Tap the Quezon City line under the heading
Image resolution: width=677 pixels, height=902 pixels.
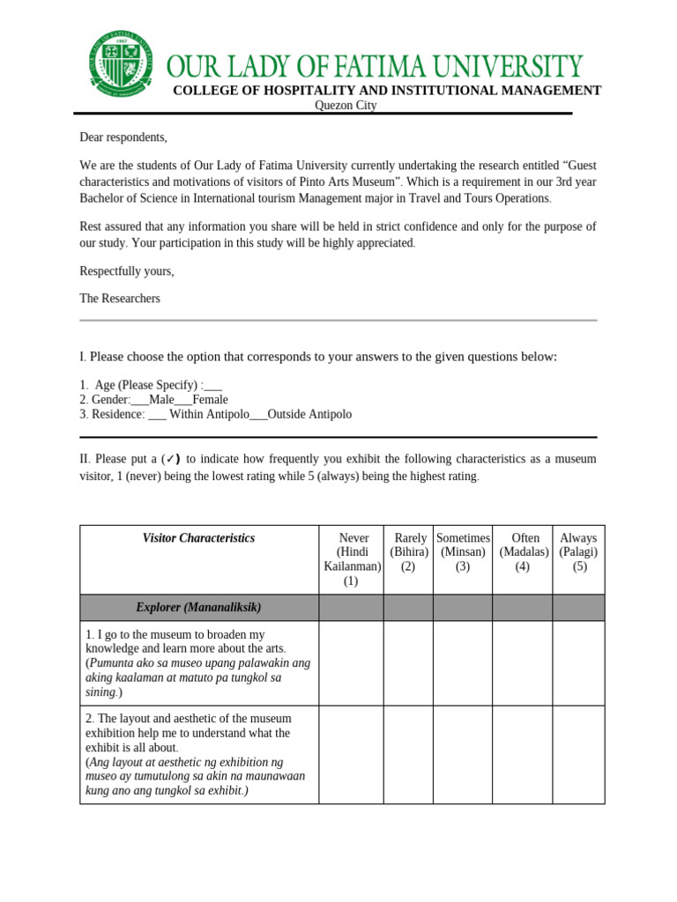pos(346,106)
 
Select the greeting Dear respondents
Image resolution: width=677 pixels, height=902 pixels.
pos(123,137)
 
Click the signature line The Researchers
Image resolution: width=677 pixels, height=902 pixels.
pos(120,299)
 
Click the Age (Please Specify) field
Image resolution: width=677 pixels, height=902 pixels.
pos(212,385)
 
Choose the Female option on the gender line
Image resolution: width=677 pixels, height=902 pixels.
pos(210,400)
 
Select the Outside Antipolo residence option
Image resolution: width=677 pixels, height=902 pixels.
pos(309,415)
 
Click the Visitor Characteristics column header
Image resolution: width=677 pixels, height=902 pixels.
pos(198,538)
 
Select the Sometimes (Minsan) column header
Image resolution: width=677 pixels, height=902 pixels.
pos(463,552)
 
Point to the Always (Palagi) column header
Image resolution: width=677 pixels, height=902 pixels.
pos(579,552)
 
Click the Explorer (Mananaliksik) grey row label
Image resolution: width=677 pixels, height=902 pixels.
pos(198,608)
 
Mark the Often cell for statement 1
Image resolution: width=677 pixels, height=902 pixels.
pos(523,663)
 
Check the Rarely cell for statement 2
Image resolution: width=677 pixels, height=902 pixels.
pos(408,754)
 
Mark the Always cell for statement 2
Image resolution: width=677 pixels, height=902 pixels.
pos(579,754)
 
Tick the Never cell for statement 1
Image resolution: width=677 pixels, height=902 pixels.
pos(352,663)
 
